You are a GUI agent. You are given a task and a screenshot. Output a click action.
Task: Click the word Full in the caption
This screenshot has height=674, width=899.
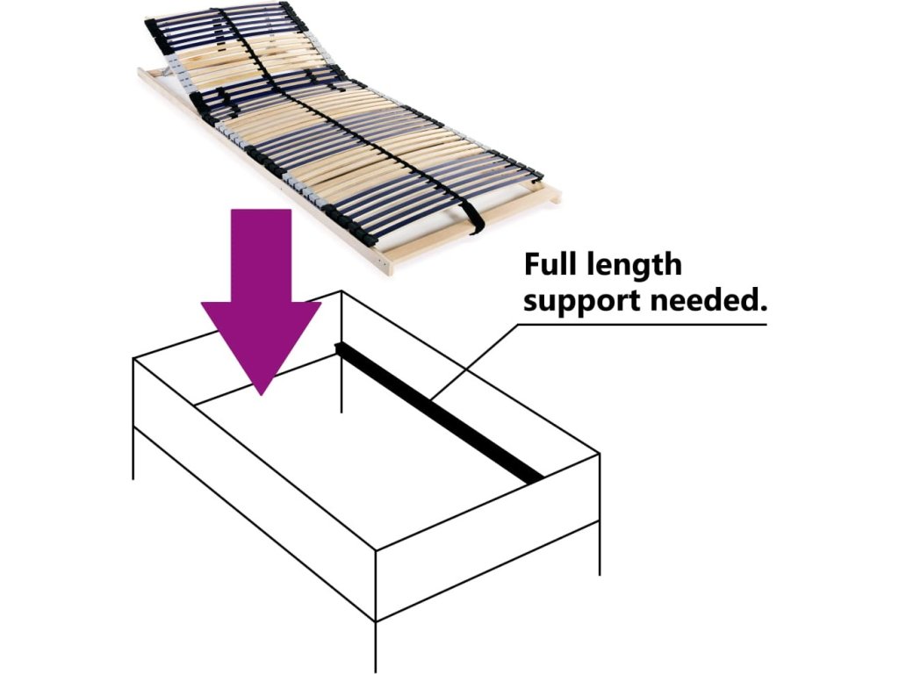[x=553, y=264]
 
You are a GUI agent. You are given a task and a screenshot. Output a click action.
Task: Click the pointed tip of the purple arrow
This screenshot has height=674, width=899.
[x=261, y=391]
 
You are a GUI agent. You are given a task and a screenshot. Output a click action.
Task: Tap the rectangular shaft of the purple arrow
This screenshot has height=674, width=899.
[x=261, y=255]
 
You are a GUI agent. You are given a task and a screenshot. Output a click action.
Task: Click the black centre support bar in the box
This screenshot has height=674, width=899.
[x=439, y=412]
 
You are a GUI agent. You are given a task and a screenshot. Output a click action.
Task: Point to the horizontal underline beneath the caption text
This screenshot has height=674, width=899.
[x=641, y=325]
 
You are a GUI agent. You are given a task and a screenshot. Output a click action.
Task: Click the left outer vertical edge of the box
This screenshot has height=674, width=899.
[x=133, y=417]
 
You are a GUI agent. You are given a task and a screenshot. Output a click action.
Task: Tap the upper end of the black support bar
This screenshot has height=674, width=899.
[x=343, y=349]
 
